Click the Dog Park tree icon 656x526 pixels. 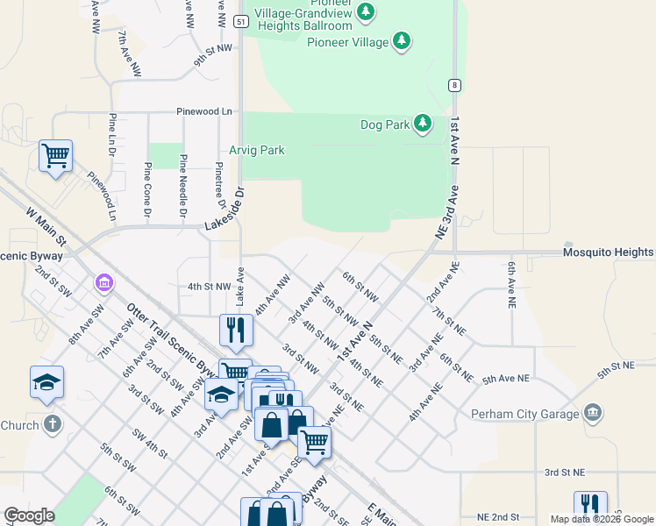(423, 124)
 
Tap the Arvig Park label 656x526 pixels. (257, 150)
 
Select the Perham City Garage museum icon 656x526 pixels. (593, 412)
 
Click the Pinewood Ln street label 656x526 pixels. (204, 112)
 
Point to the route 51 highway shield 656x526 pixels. (240, 20)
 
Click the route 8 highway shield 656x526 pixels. (454, 85)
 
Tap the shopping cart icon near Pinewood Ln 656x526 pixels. (56, 156)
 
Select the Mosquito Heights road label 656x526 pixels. (609, 252)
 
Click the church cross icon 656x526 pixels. (52, 425)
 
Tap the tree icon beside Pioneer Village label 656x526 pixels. (402, 40)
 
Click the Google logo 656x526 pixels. (30, 515)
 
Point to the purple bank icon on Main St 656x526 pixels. (103, 283)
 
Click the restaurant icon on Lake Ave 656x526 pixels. (235, 330)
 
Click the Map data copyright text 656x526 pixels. (602, 519)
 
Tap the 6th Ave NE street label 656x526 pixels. (510, 283)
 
